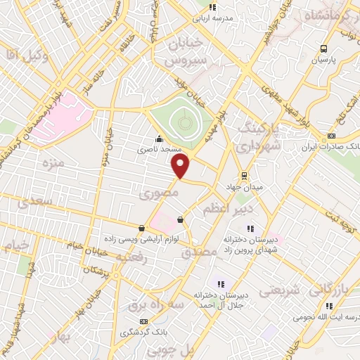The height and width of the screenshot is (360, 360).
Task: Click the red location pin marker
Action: click(181, 166)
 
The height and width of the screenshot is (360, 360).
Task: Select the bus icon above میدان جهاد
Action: click(244, 175)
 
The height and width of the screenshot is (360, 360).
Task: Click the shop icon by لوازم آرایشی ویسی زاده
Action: click(143, 228)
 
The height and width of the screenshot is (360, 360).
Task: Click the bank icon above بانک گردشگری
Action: click(144, 321)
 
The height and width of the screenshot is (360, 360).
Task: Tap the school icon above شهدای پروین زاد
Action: click(249, 228)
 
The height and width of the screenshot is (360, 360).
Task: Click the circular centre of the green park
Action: click(185, 122)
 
